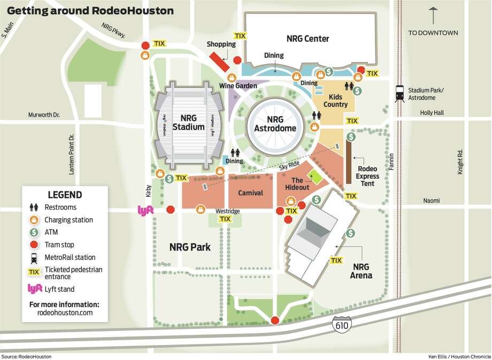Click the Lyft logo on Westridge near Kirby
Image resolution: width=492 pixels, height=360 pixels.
(x=146, y=210)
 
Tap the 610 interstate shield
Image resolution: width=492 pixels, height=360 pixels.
(x=341, y=324)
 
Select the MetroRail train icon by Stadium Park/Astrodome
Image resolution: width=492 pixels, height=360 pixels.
(x=399, y=94)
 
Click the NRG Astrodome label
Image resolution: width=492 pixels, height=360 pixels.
(x=275, y=124)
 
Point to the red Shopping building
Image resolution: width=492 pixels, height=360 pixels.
(x=219, y=62)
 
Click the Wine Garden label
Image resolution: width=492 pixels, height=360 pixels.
(x=237, y=86)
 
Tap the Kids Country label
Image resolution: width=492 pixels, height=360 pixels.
(x=335, y=101)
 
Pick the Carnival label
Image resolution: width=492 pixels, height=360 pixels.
(x=250, y=193)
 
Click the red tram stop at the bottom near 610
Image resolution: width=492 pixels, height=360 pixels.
(x=275, y=320)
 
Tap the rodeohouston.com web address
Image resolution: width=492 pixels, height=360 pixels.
(x=65, y=313)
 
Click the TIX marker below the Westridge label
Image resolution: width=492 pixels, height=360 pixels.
(x=225, y=219)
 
